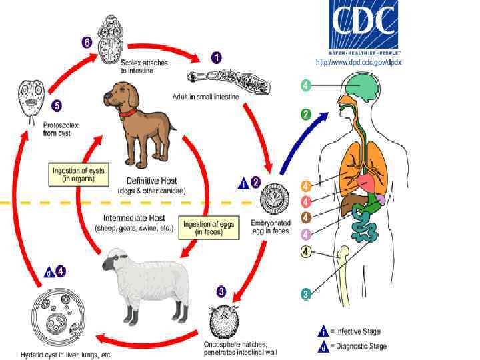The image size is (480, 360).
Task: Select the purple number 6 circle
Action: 87,42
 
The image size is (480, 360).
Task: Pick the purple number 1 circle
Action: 216,57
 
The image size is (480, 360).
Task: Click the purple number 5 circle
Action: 57,105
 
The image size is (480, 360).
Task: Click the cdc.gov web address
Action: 358,62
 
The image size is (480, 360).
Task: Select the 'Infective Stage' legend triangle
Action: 323,331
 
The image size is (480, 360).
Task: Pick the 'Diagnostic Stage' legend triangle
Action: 323,346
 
